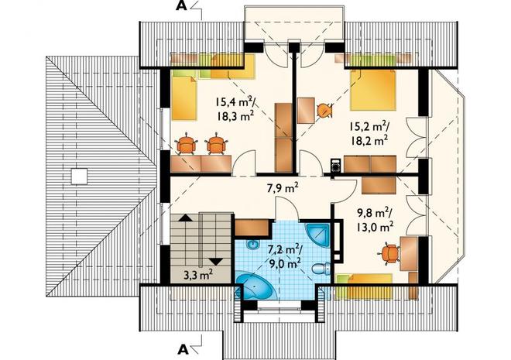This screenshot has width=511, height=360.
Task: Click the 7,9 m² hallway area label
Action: coord(283,189)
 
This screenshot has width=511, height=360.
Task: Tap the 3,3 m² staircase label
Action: coord(198,275)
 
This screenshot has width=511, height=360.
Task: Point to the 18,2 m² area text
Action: coord(369,140)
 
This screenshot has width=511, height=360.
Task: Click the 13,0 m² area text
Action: coord(375,226)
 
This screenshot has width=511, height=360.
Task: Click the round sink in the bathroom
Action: coord(253,245)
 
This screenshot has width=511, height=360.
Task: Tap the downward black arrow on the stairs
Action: coord(216,262)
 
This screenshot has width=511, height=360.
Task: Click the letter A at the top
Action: coord(181,6)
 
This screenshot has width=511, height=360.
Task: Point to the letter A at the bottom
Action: coord(183,350)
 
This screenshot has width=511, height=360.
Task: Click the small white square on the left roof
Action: coord(79,177)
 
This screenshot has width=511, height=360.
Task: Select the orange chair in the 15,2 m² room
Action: coord(324,111)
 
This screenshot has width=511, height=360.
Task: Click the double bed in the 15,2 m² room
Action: coord(373,91)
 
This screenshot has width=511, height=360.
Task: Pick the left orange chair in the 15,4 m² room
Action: coord(187,143)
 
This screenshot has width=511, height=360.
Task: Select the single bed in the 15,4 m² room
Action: coord(184,97)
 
